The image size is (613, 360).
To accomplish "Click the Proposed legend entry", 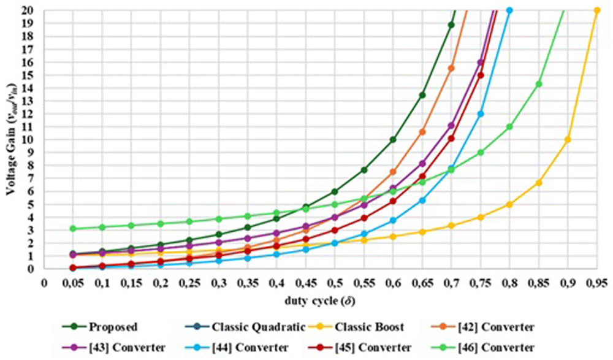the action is [100, 327].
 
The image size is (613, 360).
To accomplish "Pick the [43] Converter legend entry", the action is [113, 348].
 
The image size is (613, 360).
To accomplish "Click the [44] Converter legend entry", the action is [237, 348].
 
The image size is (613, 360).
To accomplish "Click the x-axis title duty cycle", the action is [320, 301].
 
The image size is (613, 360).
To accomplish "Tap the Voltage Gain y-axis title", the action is [11, 139].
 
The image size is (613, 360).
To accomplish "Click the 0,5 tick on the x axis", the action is [335, 283].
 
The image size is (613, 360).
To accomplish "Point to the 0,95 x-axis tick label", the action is [596, 283].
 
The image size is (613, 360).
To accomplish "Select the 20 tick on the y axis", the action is [32, 10].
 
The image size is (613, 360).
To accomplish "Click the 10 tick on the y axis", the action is [32, 140].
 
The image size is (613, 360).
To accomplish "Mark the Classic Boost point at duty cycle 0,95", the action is [596, 10].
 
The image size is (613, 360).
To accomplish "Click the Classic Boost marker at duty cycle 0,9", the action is [568, 140].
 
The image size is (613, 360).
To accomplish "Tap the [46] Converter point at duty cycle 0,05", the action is [73, 229].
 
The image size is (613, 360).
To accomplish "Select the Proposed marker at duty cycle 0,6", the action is [393, 140].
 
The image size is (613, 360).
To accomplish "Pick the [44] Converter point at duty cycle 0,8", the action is [509, 10].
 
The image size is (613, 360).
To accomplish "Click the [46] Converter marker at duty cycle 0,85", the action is [539, 84].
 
